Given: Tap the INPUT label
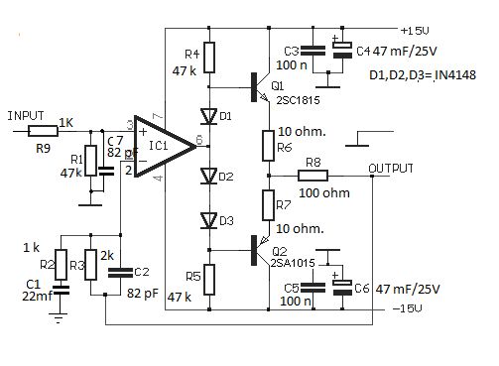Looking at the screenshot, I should (x=27, y=116).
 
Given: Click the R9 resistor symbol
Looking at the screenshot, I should (x=44, y=131).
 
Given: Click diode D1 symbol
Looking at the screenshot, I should (x=209, y=115).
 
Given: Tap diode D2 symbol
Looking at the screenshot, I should (x=209, y=177).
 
